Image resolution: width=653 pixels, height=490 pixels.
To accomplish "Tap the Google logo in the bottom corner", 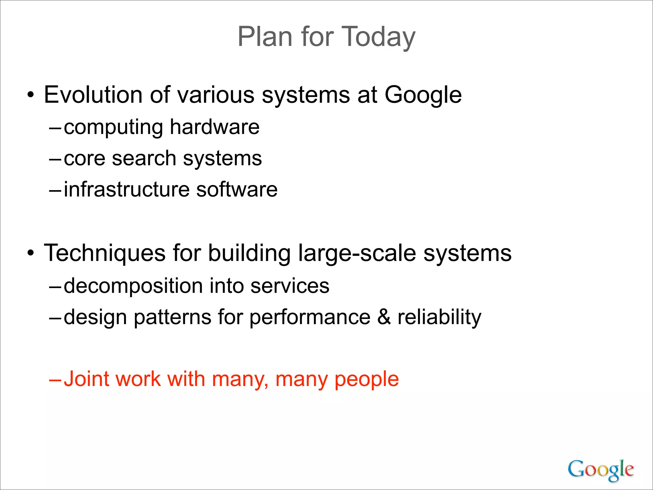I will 600,470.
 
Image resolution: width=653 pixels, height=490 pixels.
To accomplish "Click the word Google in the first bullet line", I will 423,95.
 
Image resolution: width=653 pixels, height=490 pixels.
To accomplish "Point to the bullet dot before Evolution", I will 30,95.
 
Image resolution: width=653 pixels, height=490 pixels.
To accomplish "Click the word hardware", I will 215,127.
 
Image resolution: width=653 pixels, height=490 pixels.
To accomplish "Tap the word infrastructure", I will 127,189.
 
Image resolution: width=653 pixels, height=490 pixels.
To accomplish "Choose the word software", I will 237,189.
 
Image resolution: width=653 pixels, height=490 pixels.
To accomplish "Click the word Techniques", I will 105,253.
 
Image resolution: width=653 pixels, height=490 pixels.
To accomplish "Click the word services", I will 290,286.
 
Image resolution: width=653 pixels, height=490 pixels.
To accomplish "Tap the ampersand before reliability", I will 384,317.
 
